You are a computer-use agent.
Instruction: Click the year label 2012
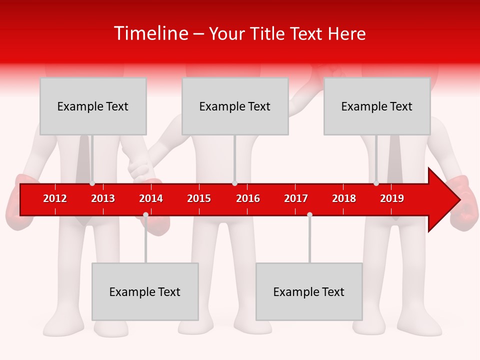point(55,198)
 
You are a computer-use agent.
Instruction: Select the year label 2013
point(103,198)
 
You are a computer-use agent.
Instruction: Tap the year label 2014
point(151,198)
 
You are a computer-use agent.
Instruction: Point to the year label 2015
point(199,198)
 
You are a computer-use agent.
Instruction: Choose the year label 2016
point(248,198)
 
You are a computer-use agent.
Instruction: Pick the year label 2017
point(296,198)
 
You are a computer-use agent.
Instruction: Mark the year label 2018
point(344,198)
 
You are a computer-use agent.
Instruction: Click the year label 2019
point(392,198)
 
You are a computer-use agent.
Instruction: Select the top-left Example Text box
point(93,106)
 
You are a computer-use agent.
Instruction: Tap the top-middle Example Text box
point(235,106)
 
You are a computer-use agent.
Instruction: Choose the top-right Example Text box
point(377,106)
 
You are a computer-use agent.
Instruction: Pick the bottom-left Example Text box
point(145,291)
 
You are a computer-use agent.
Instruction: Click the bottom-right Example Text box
point(309,291)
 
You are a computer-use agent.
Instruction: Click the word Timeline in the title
point(150,33)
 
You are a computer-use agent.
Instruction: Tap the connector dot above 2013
point(92,183)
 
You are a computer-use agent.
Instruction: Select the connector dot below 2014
point(145,215)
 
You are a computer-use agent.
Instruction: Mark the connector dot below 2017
point(309,215)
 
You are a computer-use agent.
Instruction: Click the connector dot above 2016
point(234,183)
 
